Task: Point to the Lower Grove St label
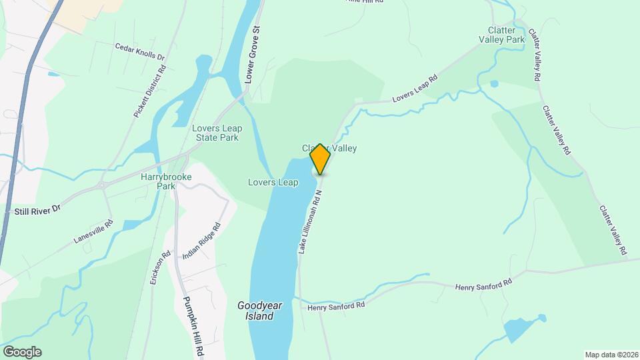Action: pos(252,54)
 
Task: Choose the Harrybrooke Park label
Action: pos(158,181)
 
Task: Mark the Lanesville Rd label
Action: pos(93,231)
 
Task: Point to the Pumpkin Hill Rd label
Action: pos(193,325)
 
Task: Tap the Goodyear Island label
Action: pos(260,311)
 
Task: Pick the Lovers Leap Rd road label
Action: pos(415,89)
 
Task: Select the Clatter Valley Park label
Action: pos(501,35)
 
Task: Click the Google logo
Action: pos(21,352)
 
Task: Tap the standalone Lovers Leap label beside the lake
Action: pos(273,182)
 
